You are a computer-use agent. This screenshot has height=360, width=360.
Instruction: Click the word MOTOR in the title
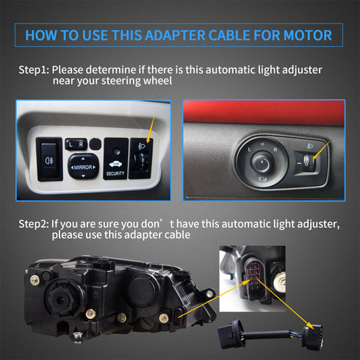[308, 35]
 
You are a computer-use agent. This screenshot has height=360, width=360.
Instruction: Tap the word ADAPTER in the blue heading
[175, 35]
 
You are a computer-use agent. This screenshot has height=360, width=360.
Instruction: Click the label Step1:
[34, 70]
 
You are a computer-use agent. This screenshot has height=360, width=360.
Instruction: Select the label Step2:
[34, 224]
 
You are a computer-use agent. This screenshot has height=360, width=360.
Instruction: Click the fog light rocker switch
[49, 159]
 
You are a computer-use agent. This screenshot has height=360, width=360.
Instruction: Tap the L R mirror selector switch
[76, 144]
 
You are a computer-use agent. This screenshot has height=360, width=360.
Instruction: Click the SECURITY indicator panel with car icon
[116, 159]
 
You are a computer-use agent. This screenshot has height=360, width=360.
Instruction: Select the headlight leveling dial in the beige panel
[141, 159]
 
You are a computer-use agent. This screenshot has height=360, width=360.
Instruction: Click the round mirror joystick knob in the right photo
[261, 162]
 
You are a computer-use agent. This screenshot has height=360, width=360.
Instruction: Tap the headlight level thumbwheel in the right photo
[306, 162]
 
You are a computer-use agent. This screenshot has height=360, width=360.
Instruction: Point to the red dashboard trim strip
[264, 112]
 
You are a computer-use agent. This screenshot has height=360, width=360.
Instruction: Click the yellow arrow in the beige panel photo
[151, 129]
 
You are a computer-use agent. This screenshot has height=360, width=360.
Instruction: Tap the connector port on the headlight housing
[179, 318]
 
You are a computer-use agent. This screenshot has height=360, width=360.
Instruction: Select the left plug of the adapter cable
[232, 334]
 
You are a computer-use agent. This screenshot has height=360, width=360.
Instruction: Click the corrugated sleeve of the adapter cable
[267, 335]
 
